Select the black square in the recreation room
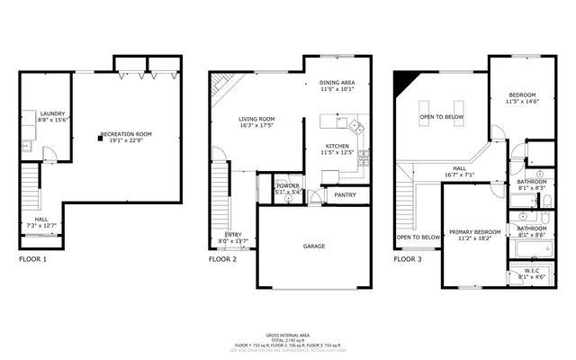[101, 139]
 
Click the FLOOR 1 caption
[32, 259]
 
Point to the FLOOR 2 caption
[222, 259]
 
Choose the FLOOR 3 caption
[408, 259]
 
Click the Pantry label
[344, 193]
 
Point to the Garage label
[313, 246]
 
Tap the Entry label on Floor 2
[232, 237]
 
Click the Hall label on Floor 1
[41, 221]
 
